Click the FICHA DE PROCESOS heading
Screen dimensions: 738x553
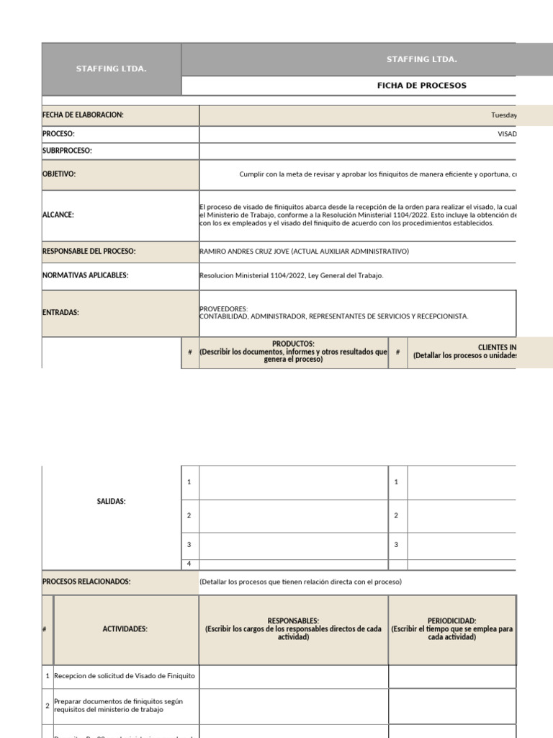(x=421, y=85)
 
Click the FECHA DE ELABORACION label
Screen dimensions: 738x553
(x=83, y=115)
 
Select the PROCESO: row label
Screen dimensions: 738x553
(x=58, y=134)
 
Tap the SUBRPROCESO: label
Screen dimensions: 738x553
(x=67, y=151)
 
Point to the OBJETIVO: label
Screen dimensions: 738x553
(x=59, y=174)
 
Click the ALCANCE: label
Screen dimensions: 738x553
(x=58, y=215)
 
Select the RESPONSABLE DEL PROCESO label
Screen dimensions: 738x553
(x=89, y=251)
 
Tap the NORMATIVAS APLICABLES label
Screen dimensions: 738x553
(x=86, y=275)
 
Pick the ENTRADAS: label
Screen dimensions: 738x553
(x=60, y=313)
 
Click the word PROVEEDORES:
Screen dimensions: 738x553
(x=223, y=308)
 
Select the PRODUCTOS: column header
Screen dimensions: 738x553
(x=293, y=344)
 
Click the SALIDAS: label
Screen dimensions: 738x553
(x=111, y=501)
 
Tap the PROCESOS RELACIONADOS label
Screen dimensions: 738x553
(x=86, y=582)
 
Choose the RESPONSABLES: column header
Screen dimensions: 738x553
(x=293, y=621)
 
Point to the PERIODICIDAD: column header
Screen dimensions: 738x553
(x=451, y=621)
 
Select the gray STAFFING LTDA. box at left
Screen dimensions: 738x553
(x=111, y=69)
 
